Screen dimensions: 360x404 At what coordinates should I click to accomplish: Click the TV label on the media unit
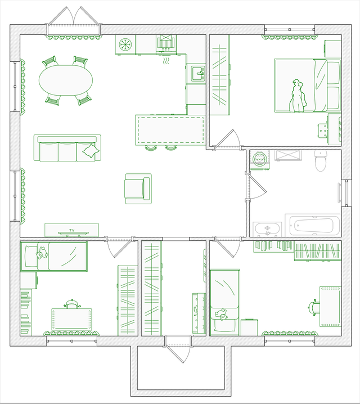[x=72, y=230]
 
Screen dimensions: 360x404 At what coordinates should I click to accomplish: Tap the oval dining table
[x=66, y=80]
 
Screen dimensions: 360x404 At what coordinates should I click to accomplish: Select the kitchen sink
[x=198, y=74]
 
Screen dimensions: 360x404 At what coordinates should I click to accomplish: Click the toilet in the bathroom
[x=320, y=160]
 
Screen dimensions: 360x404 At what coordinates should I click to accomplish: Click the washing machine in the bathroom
[x=259, y=160]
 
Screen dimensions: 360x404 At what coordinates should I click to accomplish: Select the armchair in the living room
[x=138, y=188]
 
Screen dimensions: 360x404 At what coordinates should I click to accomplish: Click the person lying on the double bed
[x=298, y=96]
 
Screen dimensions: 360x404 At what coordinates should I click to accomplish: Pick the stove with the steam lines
[x=166, y=45]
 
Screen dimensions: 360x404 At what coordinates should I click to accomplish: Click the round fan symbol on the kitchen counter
[x=125, y=44]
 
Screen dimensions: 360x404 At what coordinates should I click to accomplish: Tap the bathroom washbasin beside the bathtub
[x=267, y=229]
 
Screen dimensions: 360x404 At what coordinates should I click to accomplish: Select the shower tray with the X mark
[x=288, y=155]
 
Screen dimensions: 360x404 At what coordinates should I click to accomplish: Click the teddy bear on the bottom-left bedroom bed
[x=42, y=253]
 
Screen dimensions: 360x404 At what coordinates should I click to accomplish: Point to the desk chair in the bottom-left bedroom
[x=72, y=304]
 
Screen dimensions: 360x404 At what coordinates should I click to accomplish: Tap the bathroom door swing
[x=257, y=186]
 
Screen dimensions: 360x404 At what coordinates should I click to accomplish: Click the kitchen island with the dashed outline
[x=171, y=131]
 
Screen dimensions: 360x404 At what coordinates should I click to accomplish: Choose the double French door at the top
[x=73, y=17]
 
